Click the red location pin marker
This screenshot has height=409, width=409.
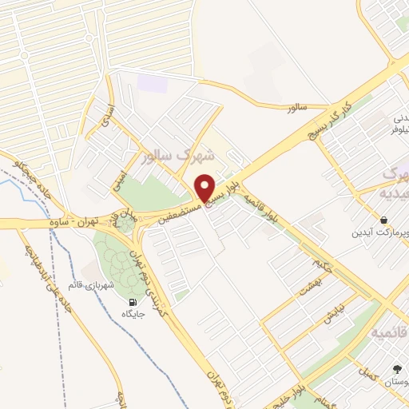click(x=205, y=188)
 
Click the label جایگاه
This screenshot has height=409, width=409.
click(x=133, y=315)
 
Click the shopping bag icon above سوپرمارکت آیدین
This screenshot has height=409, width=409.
click(x=384, y=220)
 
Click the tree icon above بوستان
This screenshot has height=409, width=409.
click(x=397, y=368)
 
